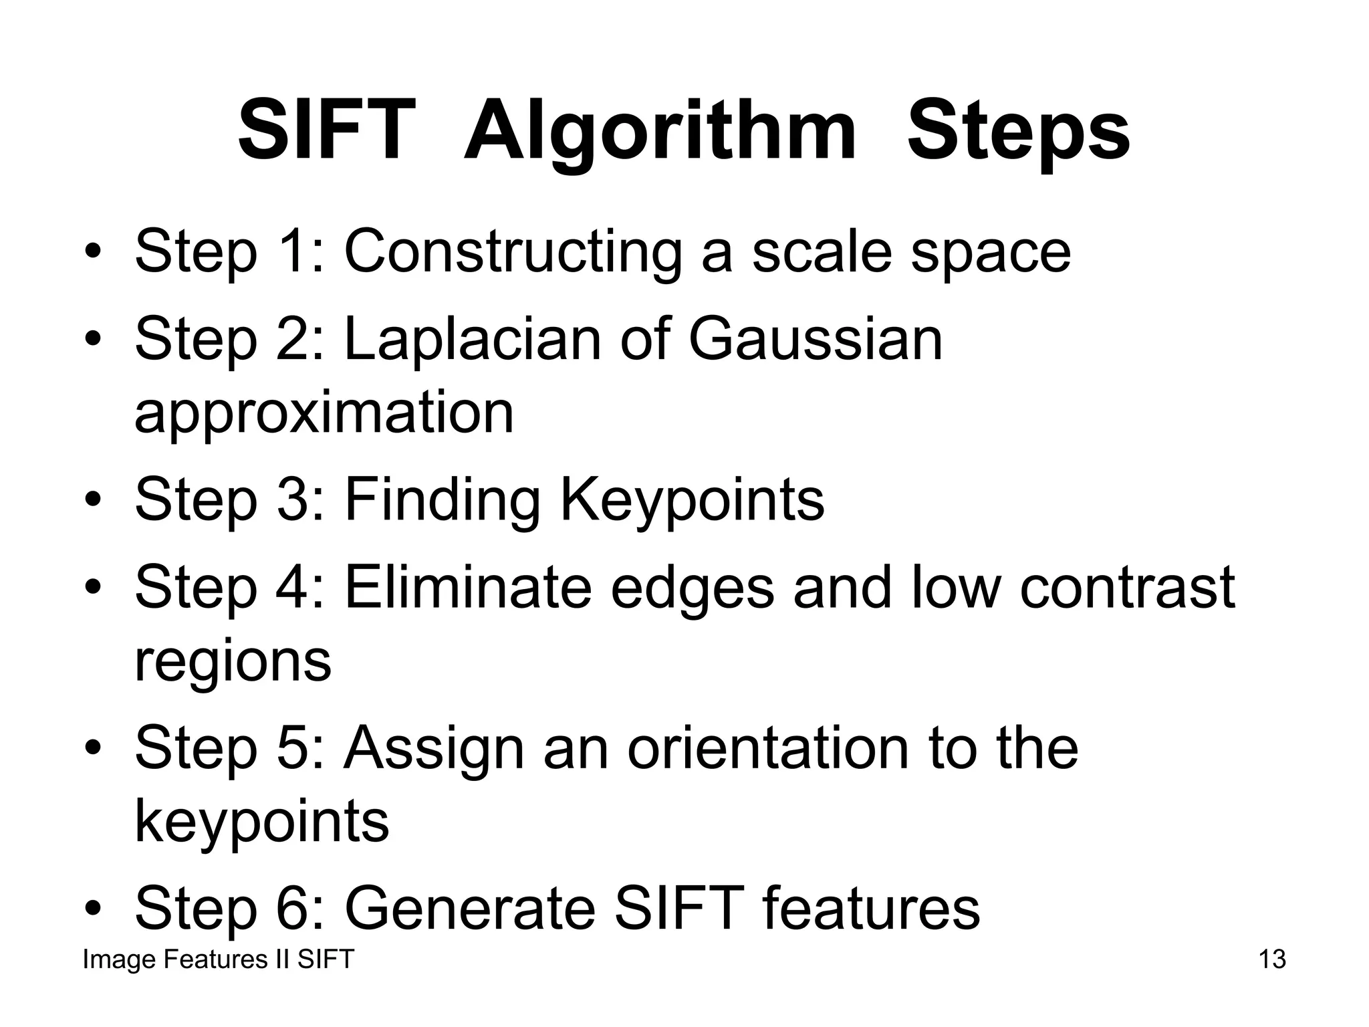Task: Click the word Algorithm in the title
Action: [x=660, y=132]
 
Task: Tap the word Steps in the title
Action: [x=1018, y=132]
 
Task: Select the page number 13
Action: [x=1272, y=959]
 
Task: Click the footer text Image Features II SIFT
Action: [x=218, y=959]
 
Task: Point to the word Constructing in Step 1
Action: [x=513, y=252]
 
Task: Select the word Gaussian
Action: [x=815, y=339]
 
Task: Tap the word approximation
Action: [x=324, y=413]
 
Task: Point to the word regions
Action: [x=233, y=662]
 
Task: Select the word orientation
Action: [x=768, y=748]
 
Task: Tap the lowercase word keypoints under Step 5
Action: [x=261, y=822]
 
